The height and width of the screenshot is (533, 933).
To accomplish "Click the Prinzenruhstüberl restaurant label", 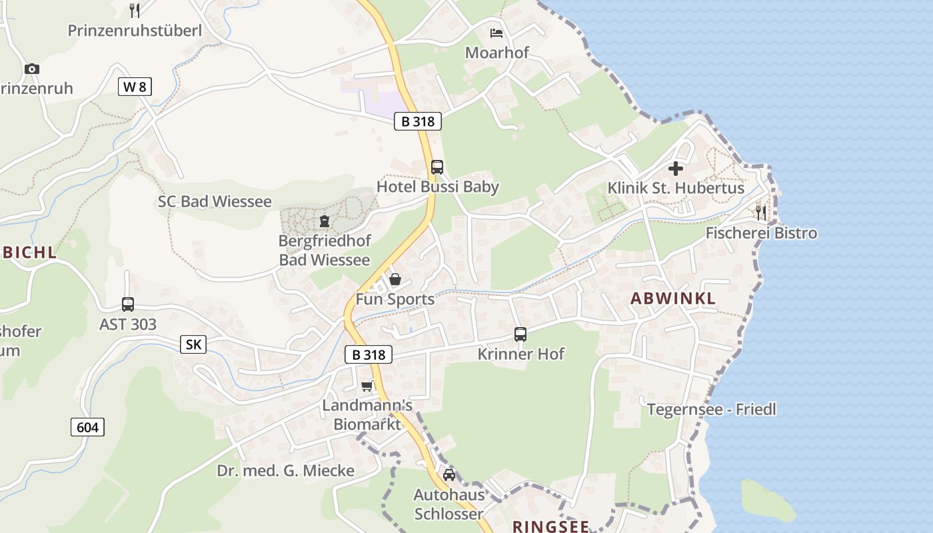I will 135,31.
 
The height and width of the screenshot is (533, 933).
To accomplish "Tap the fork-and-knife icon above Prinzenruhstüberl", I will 135,10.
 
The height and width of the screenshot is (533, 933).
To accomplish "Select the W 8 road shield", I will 135,86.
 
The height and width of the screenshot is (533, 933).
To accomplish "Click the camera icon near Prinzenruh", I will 31,69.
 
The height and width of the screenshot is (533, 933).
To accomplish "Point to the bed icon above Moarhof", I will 496,33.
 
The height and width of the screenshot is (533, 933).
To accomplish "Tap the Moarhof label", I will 496,53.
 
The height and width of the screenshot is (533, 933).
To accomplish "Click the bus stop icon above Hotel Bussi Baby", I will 437,167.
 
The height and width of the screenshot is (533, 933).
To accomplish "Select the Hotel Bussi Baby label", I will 437,187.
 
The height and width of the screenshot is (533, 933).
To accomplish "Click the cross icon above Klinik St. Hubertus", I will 676,169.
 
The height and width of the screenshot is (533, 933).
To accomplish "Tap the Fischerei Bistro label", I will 761,233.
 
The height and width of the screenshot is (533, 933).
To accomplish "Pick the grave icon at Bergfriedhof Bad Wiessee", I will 325,221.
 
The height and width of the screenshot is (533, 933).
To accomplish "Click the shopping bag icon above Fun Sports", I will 395,279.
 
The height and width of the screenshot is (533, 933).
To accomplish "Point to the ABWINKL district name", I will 673,298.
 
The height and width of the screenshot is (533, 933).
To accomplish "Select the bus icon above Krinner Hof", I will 520,334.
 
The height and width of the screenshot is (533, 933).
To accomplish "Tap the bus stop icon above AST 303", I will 128,304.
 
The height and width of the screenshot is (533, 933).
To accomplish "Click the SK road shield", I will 193,344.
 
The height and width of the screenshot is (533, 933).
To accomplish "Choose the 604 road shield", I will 87,427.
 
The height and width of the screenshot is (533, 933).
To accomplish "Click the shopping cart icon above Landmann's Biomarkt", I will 367,386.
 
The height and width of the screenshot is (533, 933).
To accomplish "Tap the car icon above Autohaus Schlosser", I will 449,474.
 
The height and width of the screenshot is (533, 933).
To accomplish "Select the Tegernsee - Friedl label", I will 712,409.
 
